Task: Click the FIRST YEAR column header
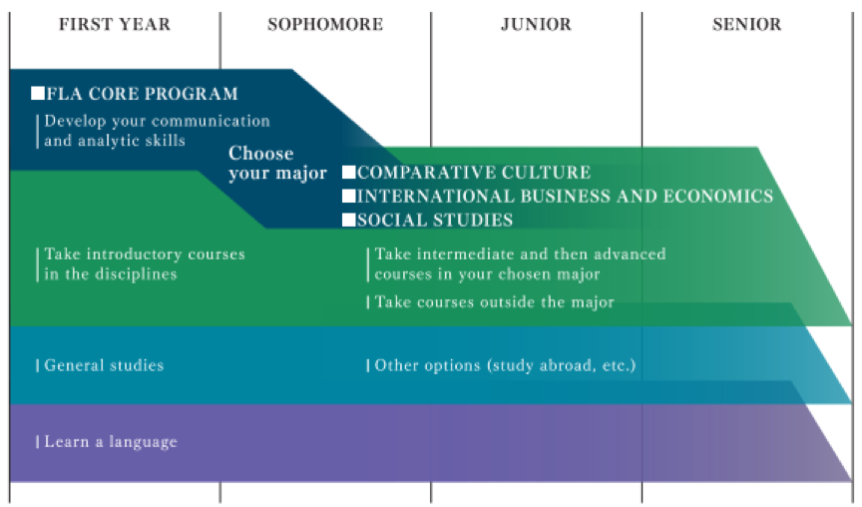115,24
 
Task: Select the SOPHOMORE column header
325,24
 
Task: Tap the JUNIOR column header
536,24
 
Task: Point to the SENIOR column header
747,24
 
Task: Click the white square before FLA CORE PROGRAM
38,94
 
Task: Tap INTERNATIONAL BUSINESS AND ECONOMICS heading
565,197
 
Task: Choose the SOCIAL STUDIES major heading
435,220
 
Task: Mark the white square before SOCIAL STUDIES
348,220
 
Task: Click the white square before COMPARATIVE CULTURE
348,173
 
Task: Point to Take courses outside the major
494,301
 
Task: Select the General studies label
104,365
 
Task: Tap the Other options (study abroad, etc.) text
505,365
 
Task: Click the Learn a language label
111,441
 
